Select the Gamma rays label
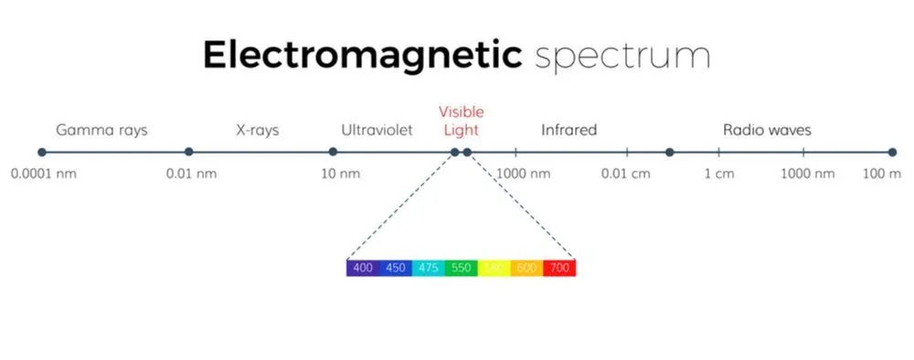coord(101,130)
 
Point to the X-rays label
coord(257,130)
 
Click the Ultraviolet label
coord(377,130)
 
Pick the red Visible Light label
coord(461,121)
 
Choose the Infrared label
coord(569,130)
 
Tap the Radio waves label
coord(767,130)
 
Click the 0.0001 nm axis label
coord(44,174)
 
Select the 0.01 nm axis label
coord(191,174)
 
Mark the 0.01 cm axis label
coord(626,174)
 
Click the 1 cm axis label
coord(718,174)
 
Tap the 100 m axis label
coord(882,174)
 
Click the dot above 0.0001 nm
coord(41,152)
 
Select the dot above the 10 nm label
coord(333,152)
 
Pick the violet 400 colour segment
coord(363,268)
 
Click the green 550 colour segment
coord(462,268)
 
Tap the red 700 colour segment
coord(559,268)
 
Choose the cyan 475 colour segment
coord(429,268)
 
